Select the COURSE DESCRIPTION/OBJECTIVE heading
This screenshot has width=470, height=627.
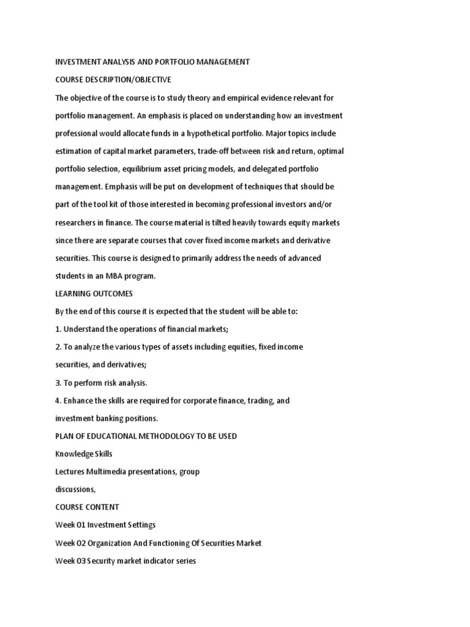[x=113, y=80]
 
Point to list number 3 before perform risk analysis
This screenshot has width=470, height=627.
[x=58, y=383]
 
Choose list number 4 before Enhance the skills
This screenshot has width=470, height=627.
[x=58, y=401]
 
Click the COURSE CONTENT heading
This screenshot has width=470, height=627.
[x=88, y=508]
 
